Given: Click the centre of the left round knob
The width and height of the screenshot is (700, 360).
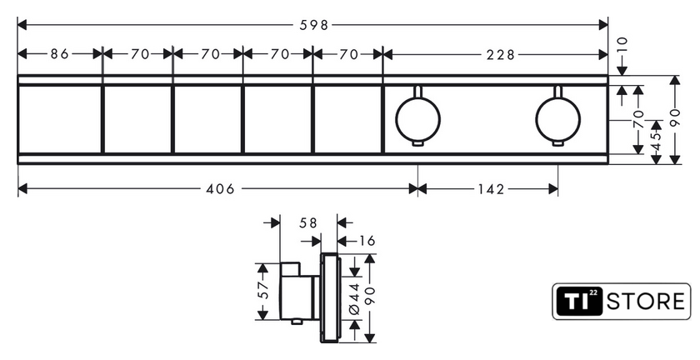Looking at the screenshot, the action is (x=417, y=120).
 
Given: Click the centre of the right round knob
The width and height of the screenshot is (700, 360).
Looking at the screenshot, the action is (x=558, y=120).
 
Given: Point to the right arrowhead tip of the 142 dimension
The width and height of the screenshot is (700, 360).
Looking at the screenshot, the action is (x=558, y=189).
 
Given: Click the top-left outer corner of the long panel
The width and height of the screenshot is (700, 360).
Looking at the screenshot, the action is (x=17, y=75).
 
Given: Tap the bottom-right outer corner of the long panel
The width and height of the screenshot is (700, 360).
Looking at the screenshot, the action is (x=608, y=164).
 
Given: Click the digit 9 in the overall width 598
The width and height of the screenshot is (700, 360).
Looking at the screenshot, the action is (x=314, y=25).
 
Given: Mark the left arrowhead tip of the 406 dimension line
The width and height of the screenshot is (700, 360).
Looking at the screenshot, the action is (x=17, y=189).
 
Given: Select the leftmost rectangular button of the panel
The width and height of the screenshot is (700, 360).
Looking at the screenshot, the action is (x=60, y=119).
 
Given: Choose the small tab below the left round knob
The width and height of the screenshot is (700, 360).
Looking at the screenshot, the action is (x=417, y=143).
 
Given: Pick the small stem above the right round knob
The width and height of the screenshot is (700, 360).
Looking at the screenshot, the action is (x=558, y=91).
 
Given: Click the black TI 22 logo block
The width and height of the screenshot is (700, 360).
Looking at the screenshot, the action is (x=578, y=302).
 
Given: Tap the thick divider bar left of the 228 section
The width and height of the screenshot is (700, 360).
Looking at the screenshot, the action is (x=383, y=119).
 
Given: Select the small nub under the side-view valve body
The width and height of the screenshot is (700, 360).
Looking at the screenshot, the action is (x=296, y=322).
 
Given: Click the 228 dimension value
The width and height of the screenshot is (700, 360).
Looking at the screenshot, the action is (x=501, y=54).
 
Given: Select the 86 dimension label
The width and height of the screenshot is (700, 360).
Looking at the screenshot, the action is (x=60, y=54).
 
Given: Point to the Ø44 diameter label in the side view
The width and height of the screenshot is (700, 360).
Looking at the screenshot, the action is (x=355, y=299).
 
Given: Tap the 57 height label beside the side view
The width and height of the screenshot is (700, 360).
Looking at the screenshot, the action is (x=263, y=290).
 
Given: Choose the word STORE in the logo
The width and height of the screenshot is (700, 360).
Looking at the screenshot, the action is (x=646, y=302).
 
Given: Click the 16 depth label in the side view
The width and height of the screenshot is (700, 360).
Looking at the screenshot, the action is (x=366, y=241).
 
